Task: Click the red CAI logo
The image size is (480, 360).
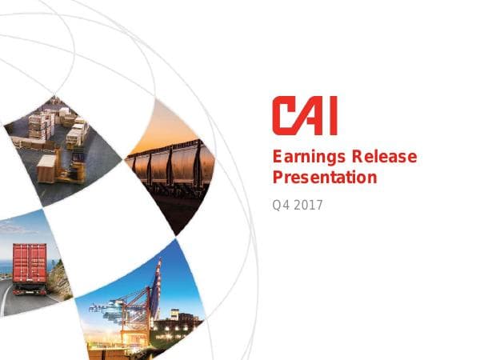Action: tap(304, 115)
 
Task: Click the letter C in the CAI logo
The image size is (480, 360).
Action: tap(283, 115)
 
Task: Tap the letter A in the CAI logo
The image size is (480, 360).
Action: tap(310, 115)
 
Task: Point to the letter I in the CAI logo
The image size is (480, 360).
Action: tap(331, 115)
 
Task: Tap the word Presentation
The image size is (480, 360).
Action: tap(324, 177)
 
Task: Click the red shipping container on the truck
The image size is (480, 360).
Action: tap(30, 263)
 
